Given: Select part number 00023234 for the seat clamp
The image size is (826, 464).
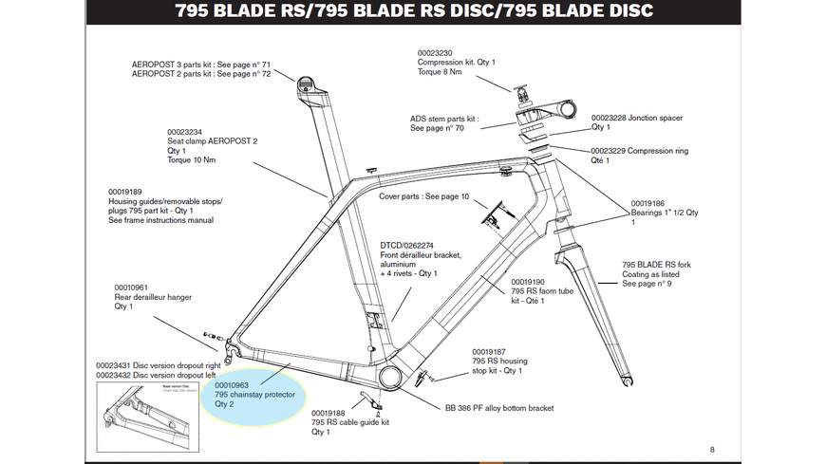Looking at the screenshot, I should (x=186, y=132).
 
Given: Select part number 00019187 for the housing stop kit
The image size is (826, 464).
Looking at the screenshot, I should (x=491, y=350).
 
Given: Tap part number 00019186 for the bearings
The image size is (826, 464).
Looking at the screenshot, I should (x=649, y=203).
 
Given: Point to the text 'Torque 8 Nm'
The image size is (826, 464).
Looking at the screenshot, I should (x=442, y=73).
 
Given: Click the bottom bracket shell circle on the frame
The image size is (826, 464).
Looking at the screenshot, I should (x=390, y=378).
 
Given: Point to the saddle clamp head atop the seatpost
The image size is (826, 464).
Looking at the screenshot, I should (x=304, y=83).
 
